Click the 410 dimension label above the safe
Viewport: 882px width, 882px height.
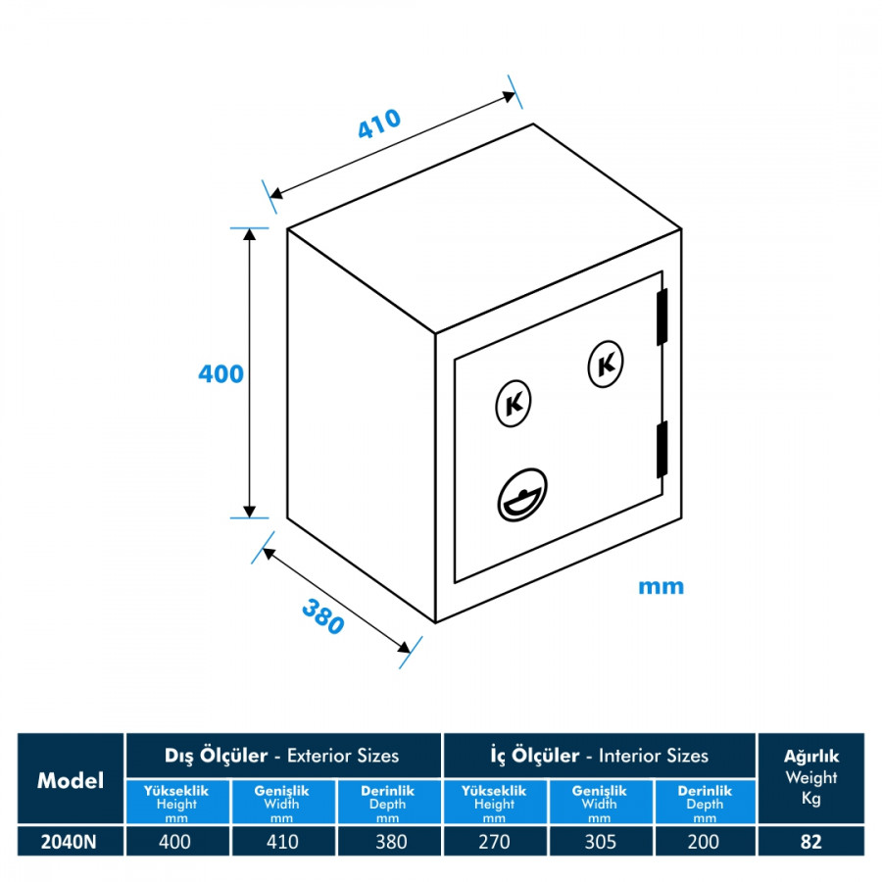[x=378, y=123]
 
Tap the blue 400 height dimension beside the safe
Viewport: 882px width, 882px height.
[x=220, y=373]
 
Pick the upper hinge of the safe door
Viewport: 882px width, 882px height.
[x=662, y=318]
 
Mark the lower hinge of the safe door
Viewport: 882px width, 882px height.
[x=662, y=450]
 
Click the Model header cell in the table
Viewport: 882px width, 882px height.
[x=71, y=780]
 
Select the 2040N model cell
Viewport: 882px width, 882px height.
[x=71, y=842]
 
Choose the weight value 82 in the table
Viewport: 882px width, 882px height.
[x=810, y=842]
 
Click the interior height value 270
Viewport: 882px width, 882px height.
[x=494, y=842]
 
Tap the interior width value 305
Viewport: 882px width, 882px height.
[x=599, y=842]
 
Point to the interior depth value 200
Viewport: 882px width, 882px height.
[x=704, y=842]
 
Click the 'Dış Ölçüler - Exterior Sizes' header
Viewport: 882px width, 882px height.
[x=283, y=756]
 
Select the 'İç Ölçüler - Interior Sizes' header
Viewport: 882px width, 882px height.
[x=599, y=756]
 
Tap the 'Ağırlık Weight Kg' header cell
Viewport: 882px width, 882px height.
[x=811, y=778]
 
